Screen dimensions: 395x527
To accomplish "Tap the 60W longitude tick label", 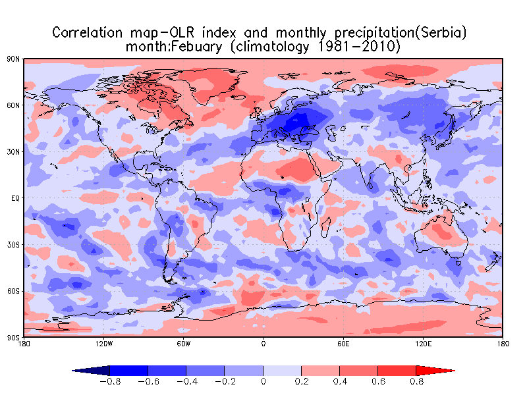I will point(184,344).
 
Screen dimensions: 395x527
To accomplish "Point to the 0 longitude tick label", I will point(263,344).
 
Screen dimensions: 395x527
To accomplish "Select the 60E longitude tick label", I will point(343,344).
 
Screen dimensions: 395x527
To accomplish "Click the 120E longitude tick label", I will point(424,344).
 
